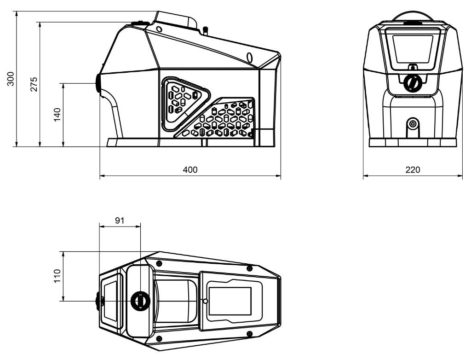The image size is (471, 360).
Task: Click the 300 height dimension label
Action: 11,79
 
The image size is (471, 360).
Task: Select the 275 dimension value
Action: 34,84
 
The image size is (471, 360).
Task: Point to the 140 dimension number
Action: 57,115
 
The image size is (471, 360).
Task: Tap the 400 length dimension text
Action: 190,169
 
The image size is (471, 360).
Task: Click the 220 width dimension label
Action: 413,169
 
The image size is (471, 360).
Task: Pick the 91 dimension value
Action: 120,221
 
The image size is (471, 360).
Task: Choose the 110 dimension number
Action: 57,276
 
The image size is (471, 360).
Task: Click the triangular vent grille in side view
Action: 184,104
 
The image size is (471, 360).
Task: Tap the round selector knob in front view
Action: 412,83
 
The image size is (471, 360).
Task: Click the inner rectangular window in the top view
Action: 230,301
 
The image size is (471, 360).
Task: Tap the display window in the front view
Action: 413,49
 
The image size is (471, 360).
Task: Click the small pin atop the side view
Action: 206,30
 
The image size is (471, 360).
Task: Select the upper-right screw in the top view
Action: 249,268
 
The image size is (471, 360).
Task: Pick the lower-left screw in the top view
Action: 159,339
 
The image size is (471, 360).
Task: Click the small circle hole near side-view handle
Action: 159,29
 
